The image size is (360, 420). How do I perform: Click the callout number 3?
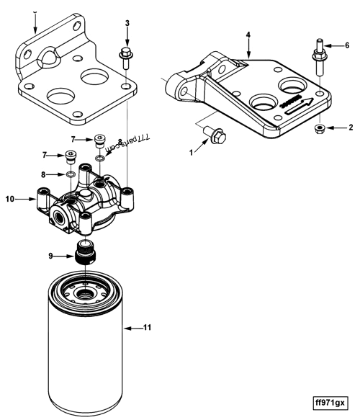127,24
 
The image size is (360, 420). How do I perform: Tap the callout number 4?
248,34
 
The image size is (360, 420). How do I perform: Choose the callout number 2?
351,128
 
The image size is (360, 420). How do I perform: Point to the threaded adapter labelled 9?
86,254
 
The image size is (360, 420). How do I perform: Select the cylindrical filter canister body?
85,353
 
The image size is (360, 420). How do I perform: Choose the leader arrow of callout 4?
248,49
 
